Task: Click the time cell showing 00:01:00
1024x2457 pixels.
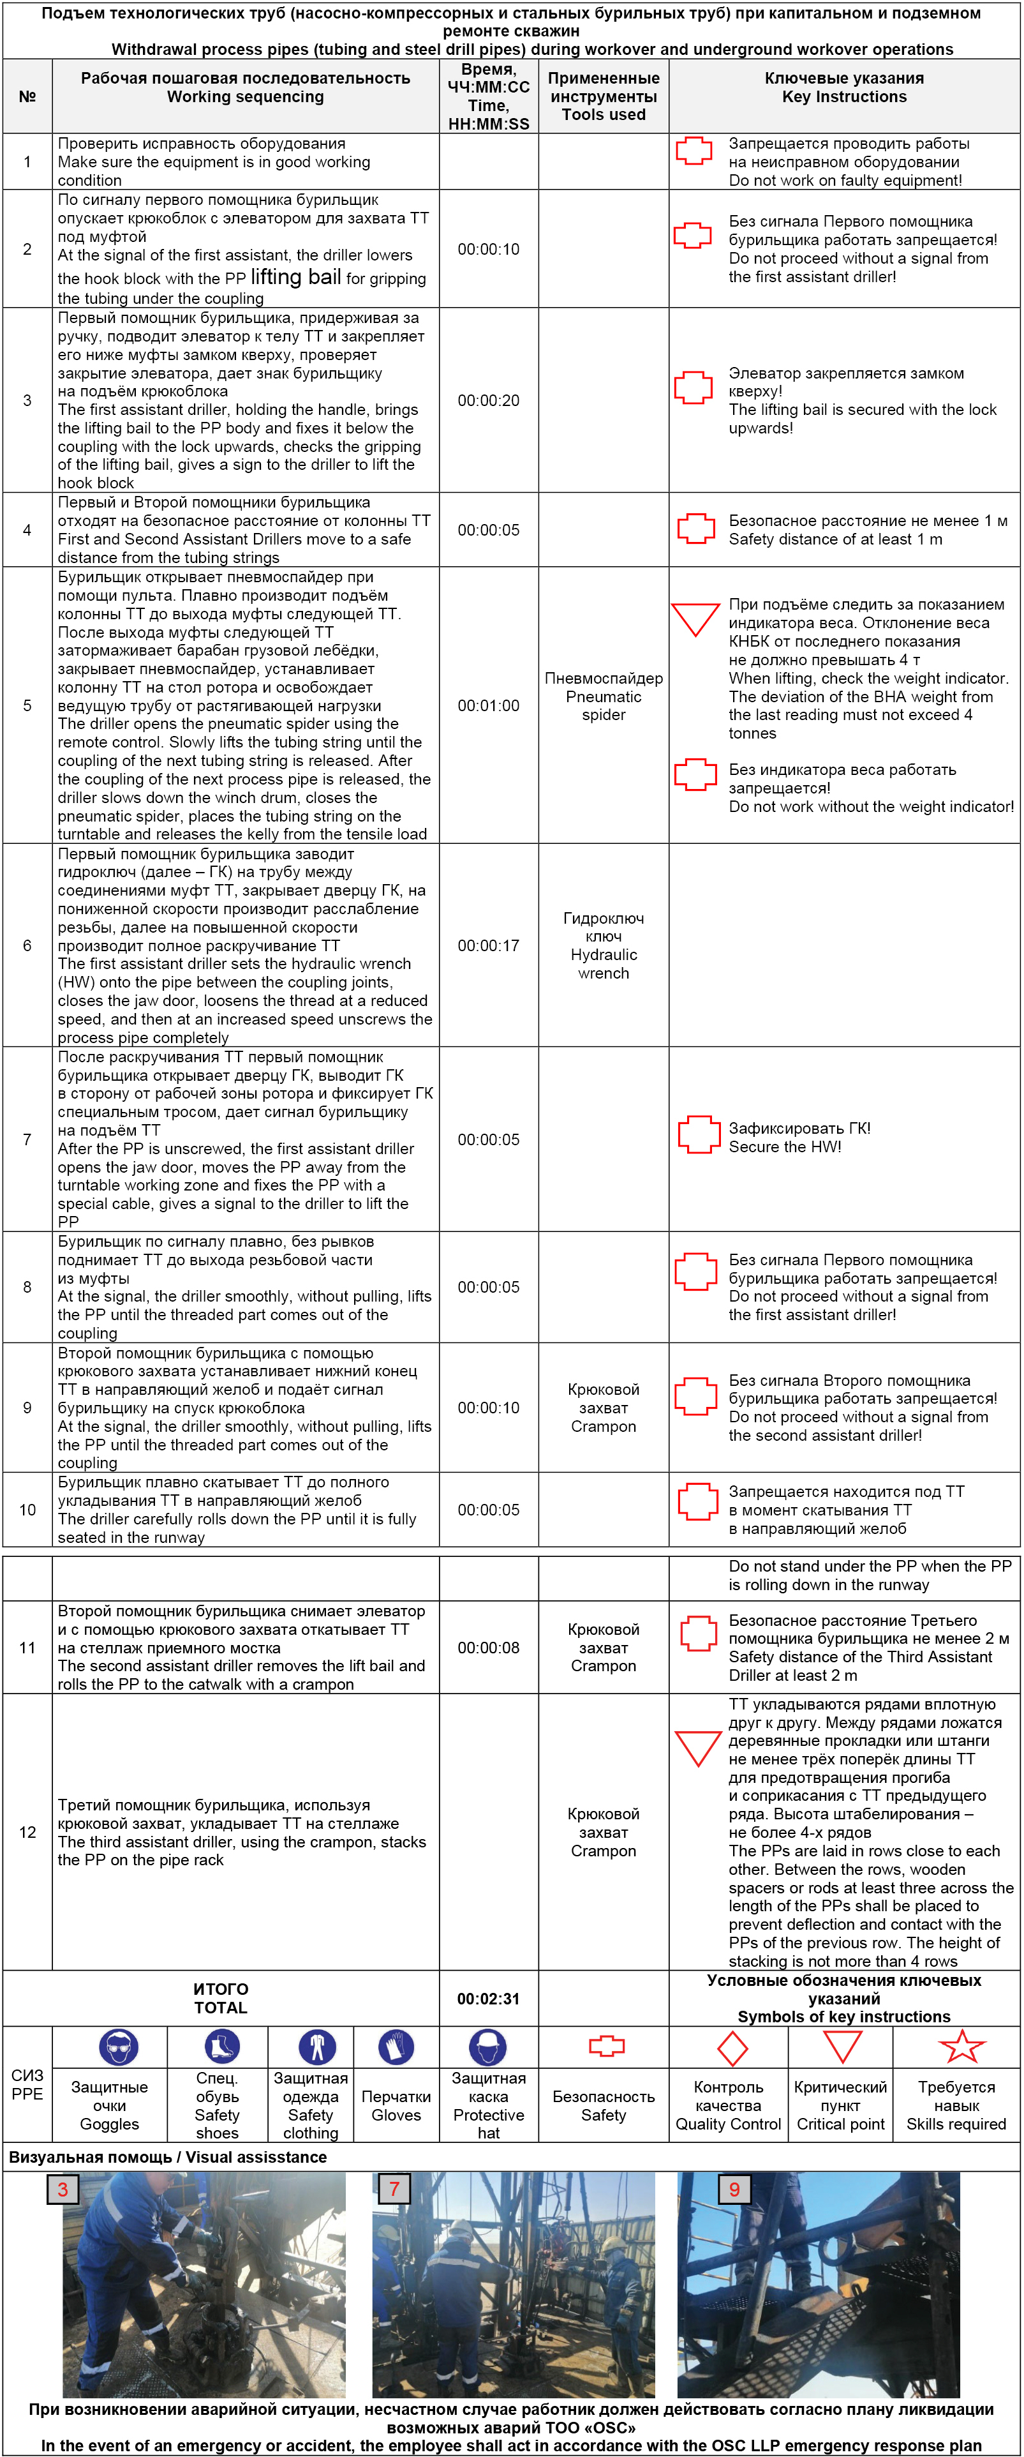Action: (488, 706)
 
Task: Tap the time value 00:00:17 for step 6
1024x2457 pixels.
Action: (488, 946)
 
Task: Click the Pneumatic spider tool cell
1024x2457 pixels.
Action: (604, 696)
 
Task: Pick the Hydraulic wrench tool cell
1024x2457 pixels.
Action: (604, 946)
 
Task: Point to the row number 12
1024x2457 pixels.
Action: (27, 1832)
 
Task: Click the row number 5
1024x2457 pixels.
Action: (27, 706)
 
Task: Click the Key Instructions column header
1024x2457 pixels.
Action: (844, 87)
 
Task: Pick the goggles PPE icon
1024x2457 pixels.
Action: (118, 2047)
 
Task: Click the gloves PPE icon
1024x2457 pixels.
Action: (396, 2047)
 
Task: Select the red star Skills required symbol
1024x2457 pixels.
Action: (961, 2047)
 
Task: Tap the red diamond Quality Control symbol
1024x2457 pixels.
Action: (731, 2048)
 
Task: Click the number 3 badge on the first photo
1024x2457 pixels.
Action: (63, 2189)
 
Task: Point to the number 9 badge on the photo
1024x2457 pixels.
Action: (734, 2189)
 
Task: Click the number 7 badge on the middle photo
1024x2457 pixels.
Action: (394, 2188)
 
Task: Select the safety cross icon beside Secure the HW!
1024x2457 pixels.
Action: (699, 1135)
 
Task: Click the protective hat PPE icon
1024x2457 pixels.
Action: (487, 2047)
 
